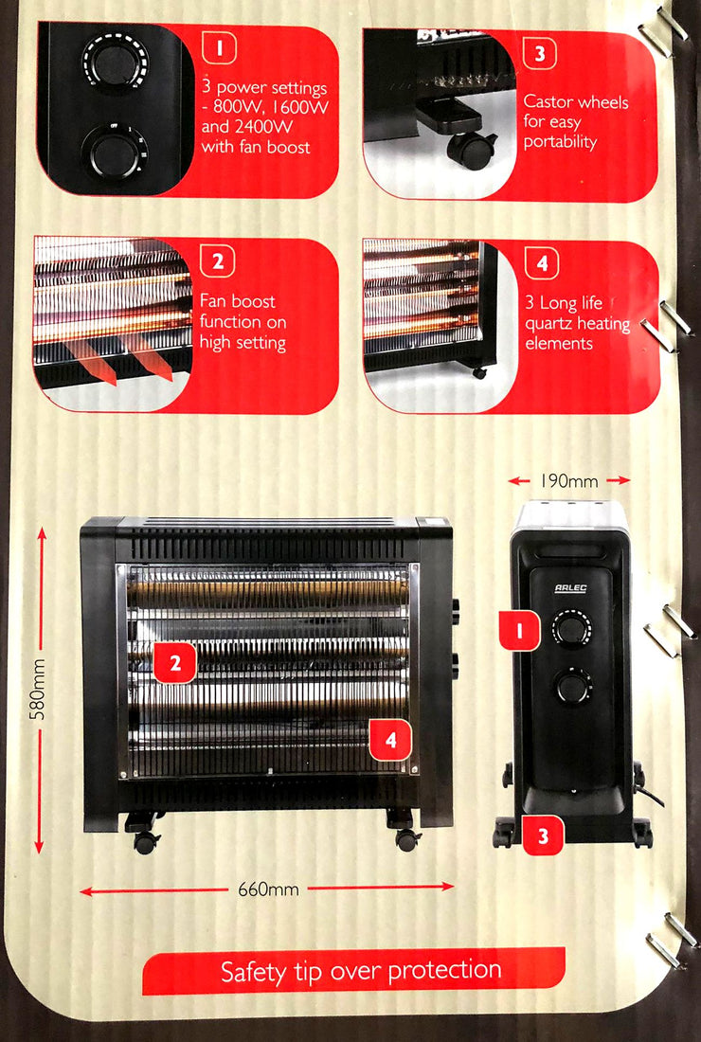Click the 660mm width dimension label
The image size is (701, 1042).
(268, 889)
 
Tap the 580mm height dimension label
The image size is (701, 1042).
(39, 689)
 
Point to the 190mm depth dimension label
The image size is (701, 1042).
(568, 480)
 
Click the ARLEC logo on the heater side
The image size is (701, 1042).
(570, 589)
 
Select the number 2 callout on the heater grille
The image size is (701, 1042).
(174, 662)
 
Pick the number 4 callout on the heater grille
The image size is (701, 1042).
(390, 739)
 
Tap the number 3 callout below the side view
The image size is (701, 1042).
(543, 835)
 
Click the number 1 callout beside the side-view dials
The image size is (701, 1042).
(520, 630)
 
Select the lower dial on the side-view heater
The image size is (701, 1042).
(573, 687)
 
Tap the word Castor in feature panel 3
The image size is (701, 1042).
(548, 101)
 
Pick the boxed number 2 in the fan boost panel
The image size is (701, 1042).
(217, 261)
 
